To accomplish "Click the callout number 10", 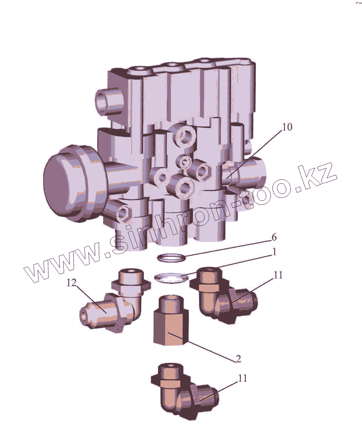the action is tap(287, 127).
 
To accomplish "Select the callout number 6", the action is tap(274, 238).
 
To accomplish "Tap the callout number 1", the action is tap(274, 252).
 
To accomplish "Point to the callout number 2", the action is tap(238, 359).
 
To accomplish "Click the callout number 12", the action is tap(71, 283).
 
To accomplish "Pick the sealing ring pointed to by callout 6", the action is tap(171, 258).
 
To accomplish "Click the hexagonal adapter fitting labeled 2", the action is tap(171, 320).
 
